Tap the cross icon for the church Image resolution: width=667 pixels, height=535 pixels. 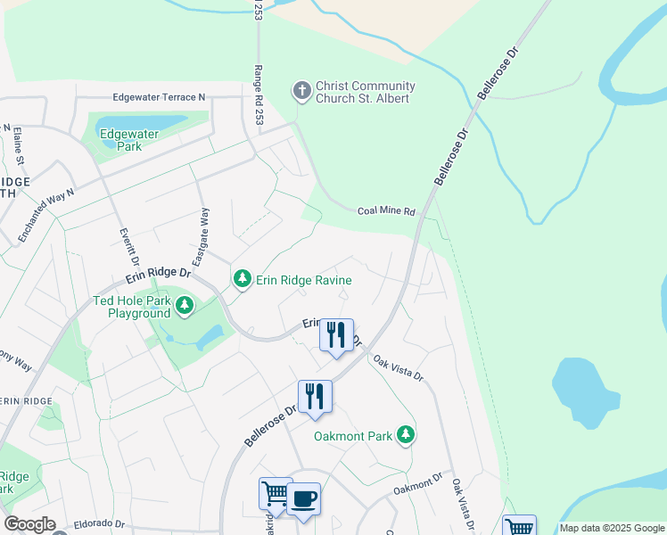point(302,91)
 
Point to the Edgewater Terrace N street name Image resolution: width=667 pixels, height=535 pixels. point(160,97)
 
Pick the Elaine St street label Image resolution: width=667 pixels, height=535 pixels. point(18,146)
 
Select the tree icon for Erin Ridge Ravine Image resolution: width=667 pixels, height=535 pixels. point(242,280)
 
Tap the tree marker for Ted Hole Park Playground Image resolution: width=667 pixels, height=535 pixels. point(185,307)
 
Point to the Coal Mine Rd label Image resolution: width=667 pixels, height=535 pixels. point(386,211)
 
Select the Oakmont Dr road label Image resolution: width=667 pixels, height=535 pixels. point(417,486)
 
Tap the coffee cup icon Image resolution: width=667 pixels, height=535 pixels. point(303,498)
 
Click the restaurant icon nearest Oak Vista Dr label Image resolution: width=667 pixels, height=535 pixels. point(336,334)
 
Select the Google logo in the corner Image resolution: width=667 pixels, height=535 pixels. point(29,524)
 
